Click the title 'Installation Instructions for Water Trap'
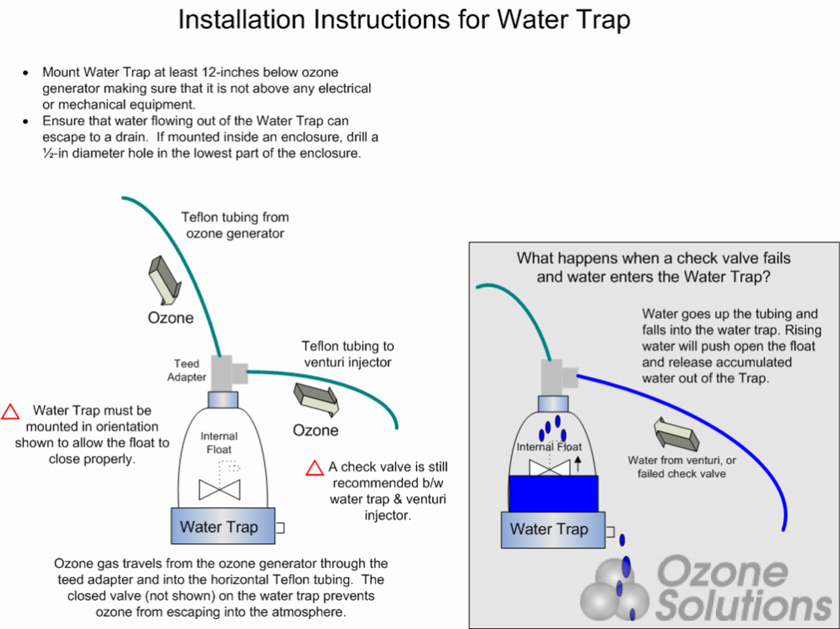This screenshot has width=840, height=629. coord(404,20)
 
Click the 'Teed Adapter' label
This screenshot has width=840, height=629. coord(186,371)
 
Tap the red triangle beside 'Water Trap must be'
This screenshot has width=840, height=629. coord(10,412)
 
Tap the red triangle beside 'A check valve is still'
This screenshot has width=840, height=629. coord(314,468)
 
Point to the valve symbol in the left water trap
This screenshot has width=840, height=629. coord(219,489)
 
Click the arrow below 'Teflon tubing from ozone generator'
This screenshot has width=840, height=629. coord(164,280)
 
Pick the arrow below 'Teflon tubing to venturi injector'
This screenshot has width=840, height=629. coord(316,399)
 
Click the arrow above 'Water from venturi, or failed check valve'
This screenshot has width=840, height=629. coord(676,434)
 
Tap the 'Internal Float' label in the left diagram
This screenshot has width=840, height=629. coord(219,443)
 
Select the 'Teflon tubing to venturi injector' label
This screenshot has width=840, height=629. coord(347,354)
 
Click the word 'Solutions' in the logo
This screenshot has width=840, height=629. coord(743,604)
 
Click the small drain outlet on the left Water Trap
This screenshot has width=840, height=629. coord(280,527)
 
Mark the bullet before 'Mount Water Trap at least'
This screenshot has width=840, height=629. coord(26,73)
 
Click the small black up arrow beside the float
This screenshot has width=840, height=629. coord(577,464)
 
